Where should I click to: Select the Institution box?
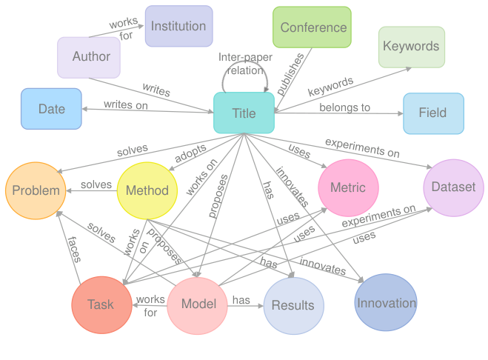pos(178,26)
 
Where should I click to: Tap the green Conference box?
pos(312,27)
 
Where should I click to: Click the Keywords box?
pos(411,47)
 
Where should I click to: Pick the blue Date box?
pos(51,109)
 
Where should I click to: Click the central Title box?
pos(244,113)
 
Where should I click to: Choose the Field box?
pos(433,113)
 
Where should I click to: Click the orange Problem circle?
pos(35,190)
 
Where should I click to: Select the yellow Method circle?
pos(147,190)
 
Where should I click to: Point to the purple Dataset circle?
pos(453,187)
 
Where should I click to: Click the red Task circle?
pos(101,304)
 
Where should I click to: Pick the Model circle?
pos(198,304)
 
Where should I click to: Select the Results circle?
pos(293,305)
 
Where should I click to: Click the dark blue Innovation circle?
pos(386,302)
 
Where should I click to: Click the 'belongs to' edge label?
pos(344,107)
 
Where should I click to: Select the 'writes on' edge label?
pos(125,105)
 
